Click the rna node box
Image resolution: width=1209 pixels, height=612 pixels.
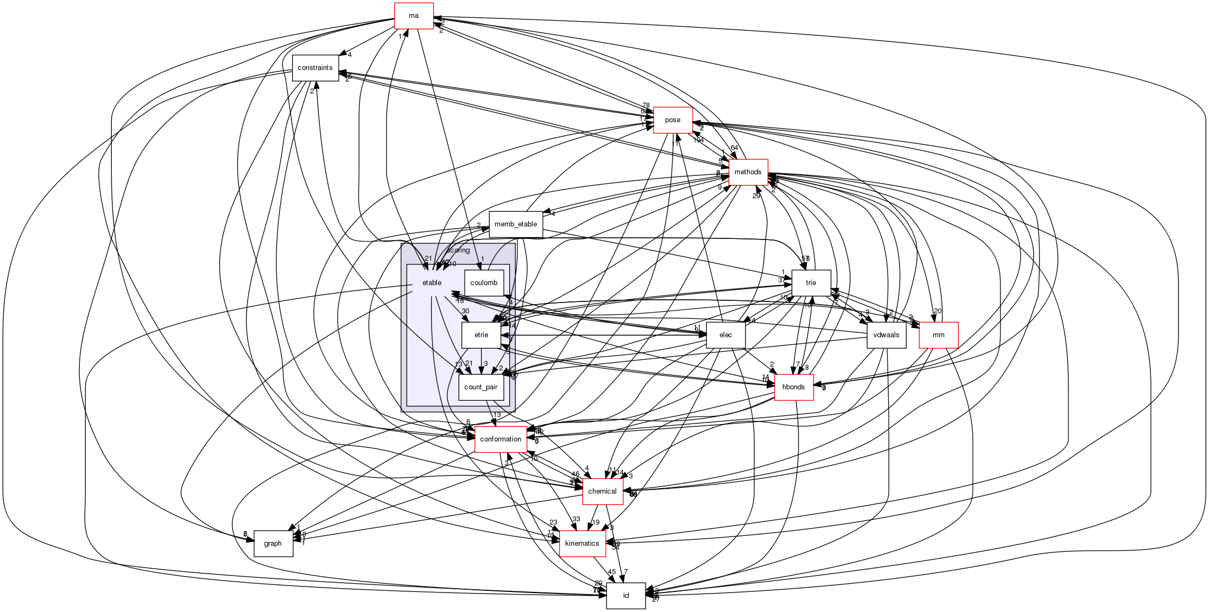(413, 16)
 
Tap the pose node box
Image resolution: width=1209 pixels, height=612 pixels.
(673, 120)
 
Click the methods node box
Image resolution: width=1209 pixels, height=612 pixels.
(748, 172)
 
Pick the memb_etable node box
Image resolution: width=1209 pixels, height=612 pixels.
(516, 224)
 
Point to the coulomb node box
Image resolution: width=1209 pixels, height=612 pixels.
(484, 283)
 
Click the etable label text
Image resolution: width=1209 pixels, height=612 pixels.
(432, 283)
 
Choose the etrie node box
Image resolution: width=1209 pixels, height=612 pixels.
(481, 335)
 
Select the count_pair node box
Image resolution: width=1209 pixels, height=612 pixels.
(481, 387)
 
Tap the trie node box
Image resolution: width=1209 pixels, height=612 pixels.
(811, 283)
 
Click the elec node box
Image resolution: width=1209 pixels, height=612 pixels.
(725, 335)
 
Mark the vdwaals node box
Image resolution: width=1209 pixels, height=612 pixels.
(886, 335)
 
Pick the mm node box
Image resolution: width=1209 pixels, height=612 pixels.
(938, 335)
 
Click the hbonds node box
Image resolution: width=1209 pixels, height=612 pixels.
(793, 387)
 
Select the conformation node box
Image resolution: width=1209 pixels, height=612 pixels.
(501, 439)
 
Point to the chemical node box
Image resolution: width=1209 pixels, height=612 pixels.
(602, 491)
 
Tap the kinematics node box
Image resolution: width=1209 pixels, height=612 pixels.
(582, 544)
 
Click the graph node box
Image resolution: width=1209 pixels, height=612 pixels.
(273, 544)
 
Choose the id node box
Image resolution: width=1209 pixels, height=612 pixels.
(625, 596)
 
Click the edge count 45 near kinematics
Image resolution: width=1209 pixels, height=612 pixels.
(612, 572)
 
